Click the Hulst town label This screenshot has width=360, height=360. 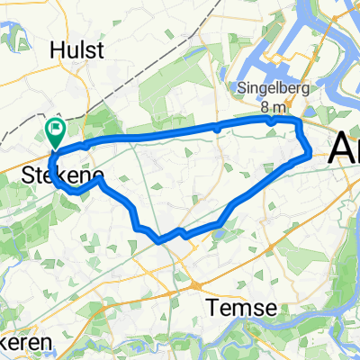point(78,50)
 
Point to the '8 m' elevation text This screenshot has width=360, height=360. point(272,103)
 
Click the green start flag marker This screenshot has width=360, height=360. point(55,132)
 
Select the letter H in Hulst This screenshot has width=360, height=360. point(56,50)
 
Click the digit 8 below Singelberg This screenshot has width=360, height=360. point(262,103)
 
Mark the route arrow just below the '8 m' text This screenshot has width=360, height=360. point(270,119)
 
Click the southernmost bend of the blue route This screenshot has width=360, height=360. point(159,240)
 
